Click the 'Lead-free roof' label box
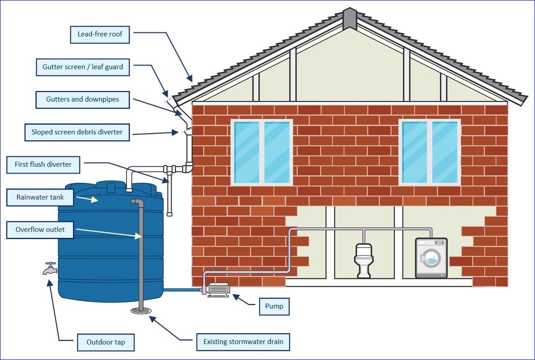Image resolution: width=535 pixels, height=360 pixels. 100,35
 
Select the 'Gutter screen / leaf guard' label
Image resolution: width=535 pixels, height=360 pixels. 83,67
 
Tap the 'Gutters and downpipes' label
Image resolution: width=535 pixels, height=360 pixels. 83,99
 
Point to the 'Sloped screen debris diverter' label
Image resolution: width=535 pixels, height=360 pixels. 77,132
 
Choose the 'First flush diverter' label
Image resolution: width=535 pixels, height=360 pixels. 43,165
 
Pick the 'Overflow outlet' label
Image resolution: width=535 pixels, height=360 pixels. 40,230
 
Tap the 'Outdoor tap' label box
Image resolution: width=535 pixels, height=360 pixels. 105,342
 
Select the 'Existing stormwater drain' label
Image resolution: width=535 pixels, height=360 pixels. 243,342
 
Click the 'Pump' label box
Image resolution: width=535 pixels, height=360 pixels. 274,306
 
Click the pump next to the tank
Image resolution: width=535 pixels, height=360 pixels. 217,290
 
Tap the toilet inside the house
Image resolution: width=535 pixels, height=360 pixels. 364,260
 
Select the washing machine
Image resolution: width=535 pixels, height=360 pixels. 431,258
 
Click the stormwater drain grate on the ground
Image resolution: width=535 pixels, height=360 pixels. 141,311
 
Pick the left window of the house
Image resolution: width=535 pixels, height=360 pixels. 261,152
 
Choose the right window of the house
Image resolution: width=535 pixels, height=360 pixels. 429,152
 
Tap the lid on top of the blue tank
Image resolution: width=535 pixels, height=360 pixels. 111,187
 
